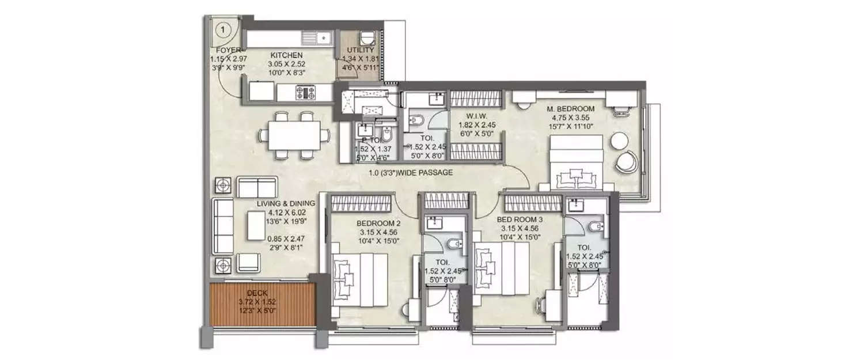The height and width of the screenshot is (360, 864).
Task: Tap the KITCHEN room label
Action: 287,55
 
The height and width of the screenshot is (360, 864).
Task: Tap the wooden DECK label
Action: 257,293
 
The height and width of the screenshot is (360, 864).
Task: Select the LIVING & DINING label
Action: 286,203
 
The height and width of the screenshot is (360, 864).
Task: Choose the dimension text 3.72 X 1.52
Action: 257,301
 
